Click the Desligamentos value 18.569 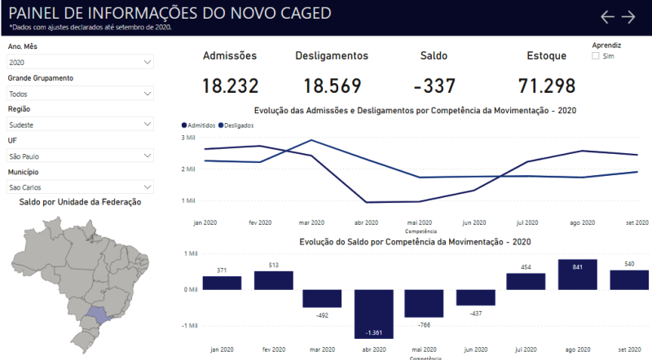(331, 86)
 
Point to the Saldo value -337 (434, 86)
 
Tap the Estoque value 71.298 (546, 86)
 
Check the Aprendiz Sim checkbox (596, 56)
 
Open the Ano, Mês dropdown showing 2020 (80, 62)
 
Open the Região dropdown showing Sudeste (80, 124)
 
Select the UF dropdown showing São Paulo (80, 156)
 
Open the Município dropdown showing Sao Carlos (80, 187)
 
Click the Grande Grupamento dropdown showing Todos (80, 94)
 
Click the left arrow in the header (607, 17)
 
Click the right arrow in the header (628, 17)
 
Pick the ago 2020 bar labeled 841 (577, 274)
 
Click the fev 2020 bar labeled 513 (273, 280)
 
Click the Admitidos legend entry (199, 125)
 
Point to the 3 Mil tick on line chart (188, 138)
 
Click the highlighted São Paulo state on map (96, 314)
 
